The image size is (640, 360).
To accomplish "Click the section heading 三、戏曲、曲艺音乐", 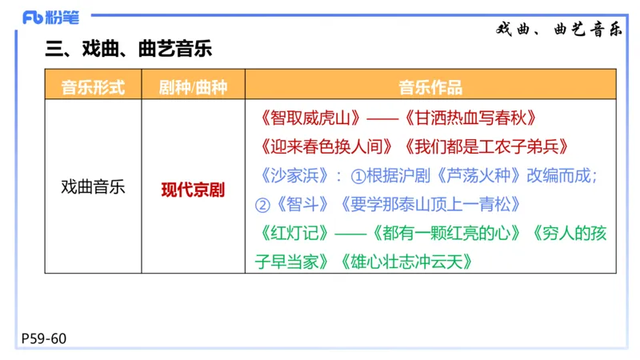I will pyautogui.click(x=129, y=50).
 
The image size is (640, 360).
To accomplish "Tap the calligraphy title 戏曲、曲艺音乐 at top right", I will pyautogui.click(x=559, y=30).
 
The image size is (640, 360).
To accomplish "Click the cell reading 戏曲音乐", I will pyautogui.click(x=93, y=189).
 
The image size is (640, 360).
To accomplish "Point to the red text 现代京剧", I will pyautogui.click(x=193, y=190).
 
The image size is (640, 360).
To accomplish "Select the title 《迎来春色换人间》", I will pyautogui.click(x=327, y=146).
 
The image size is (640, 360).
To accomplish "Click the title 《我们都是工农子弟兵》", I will pyautogui.click(x=486, y=146).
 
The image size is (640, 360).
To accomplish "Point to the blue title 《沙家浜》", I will pyautogui.click(x=294, y=175).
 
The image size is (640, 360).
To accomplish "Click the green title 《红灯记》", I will pyautogui.click(x=294, y=233).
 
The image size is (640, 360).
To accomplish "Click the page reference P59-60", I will pyautogui.click(x=44, y=339).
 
